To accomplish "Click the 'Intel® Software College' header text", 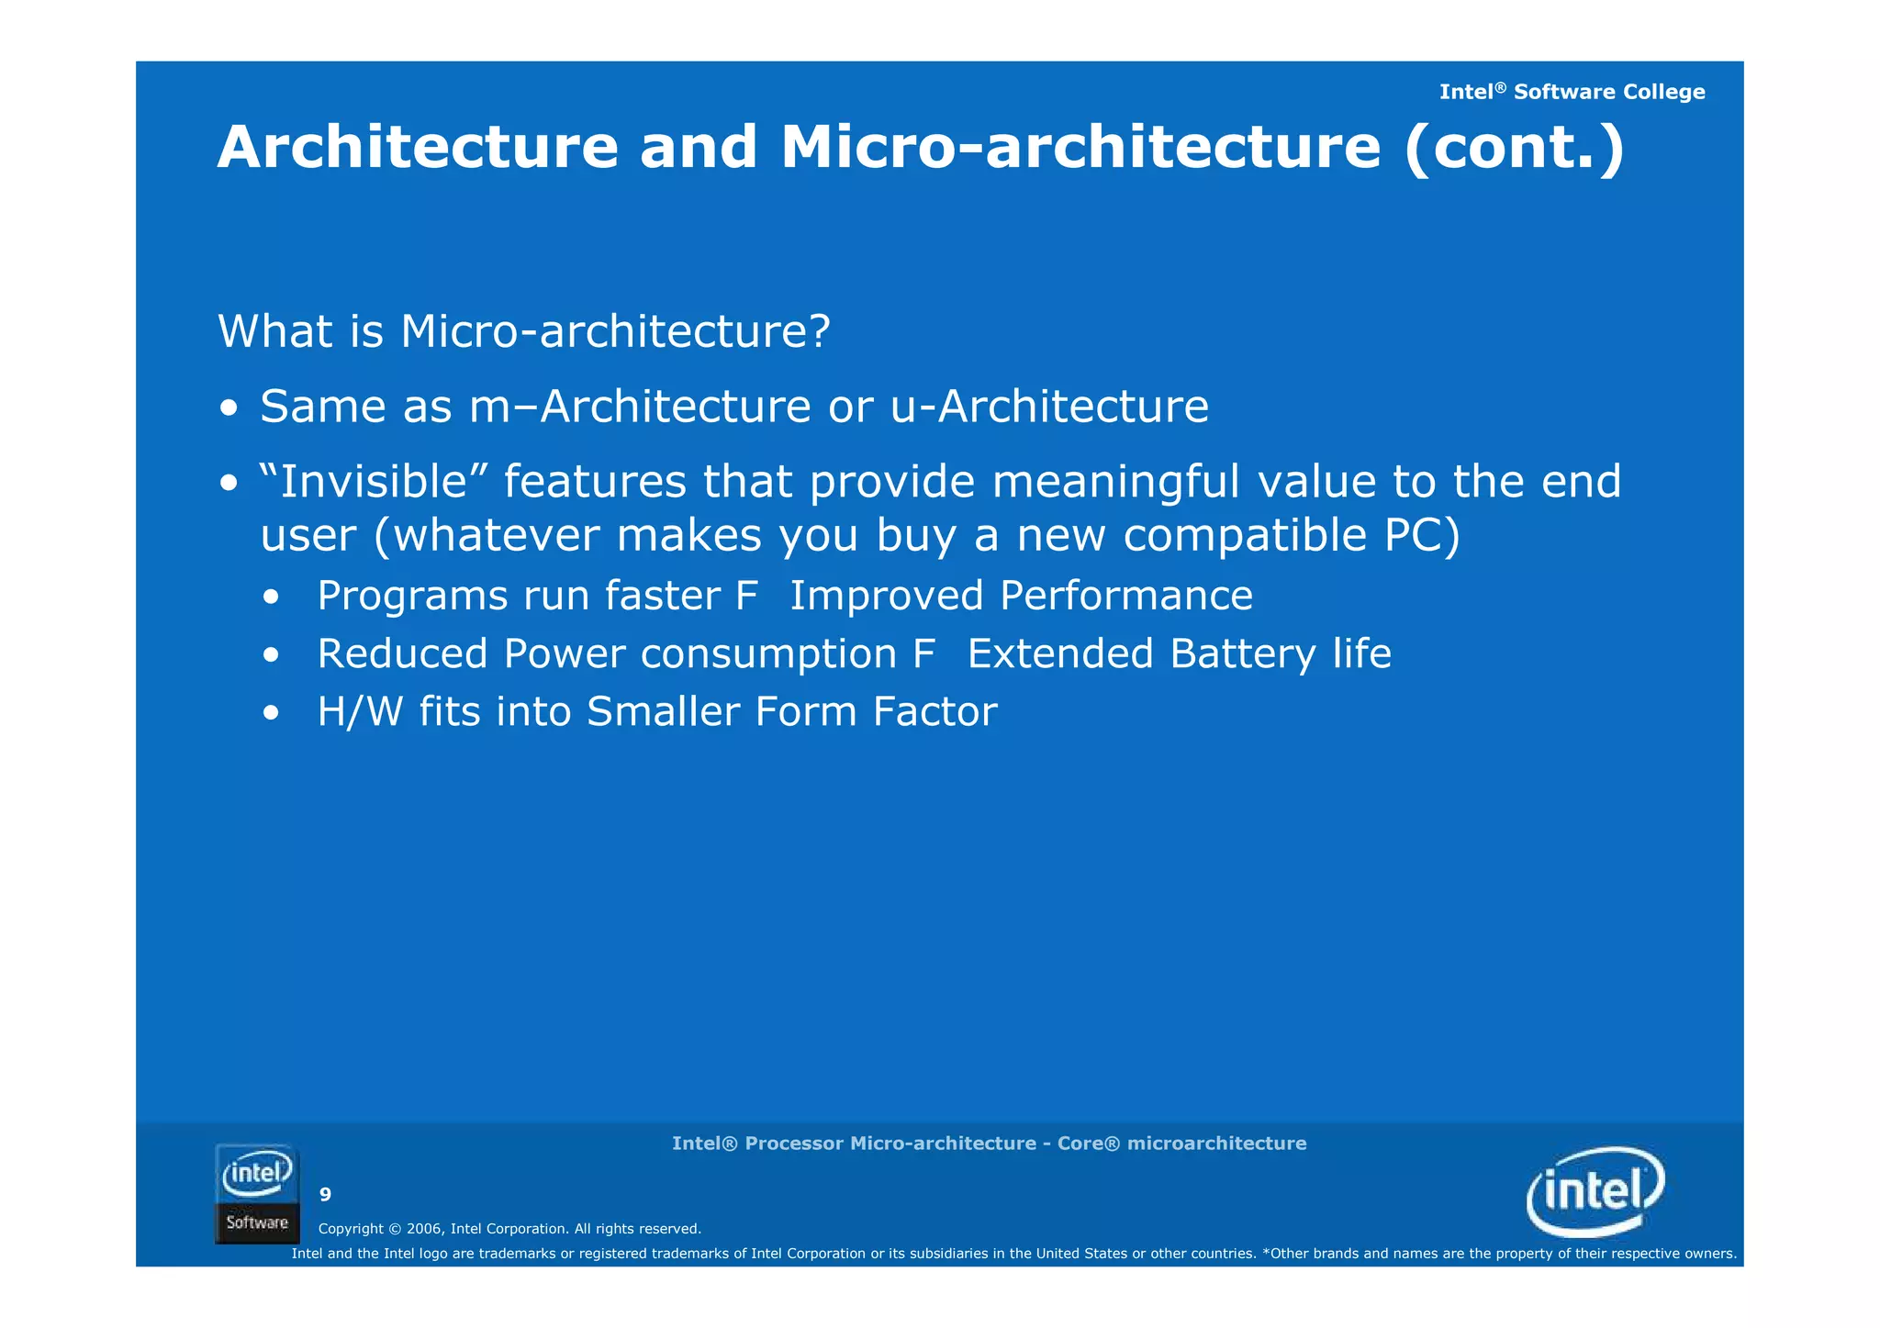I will pos(1572,92).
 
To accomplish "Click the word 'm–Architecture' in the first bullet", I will pos(640,406).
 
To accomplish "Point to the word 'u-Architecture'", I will pos(1049,406).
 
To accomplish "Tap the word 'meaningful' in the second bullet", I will pos(1115,481).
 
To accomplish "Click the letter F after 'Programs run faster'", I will pos(747,596).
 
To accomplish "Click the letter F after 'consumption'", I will pos(924,653).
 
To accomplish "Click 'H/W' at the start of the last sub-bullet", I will pos(360,711).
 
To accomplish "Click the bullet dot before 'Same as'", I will pos(229,407).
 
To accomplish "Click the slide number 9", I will pos(325,1194).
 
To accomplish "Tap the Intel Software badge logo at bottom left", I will pos(257,1194).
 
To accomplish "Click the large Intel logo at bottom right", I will pos(1595,1192).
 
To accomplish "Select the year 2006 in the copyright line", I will pos(424,1229).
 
